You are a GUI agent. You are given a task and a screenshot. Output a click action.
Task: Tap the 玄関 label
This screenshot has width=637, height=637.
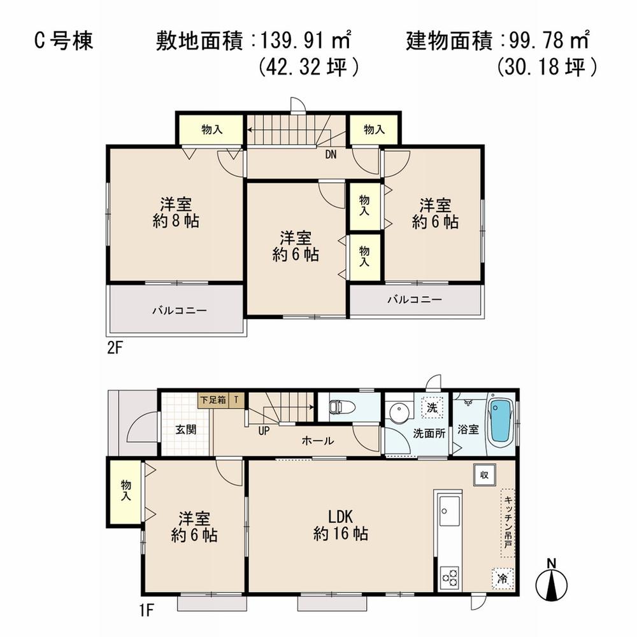pos(186,429)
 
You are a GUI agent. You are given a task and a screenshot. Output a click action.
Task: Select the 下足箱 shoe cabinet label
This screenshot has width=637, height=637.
pos(213,399)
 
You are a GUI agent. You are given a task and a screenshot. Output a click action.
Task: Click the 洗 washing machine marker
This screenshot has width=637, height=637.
pos(432,407)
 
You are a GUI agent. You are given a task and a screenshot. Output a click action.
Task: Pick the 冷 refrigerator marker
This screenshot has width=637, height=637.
pos(503,578)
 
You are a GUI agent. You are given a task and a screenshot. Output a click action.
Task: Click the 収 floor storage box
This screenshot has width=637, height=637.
pos(485,475)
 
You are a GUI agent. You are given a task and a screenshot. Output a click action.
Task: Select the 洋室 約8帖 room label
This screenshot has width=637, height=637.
pos(176,213)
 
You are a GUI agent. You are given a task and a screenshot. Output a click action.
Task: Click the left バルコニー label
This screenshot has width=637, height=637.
pos(179,311)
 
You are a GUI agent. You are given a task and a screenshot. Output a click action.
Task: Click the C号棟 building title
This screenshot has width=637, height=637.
pos(63,41)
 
